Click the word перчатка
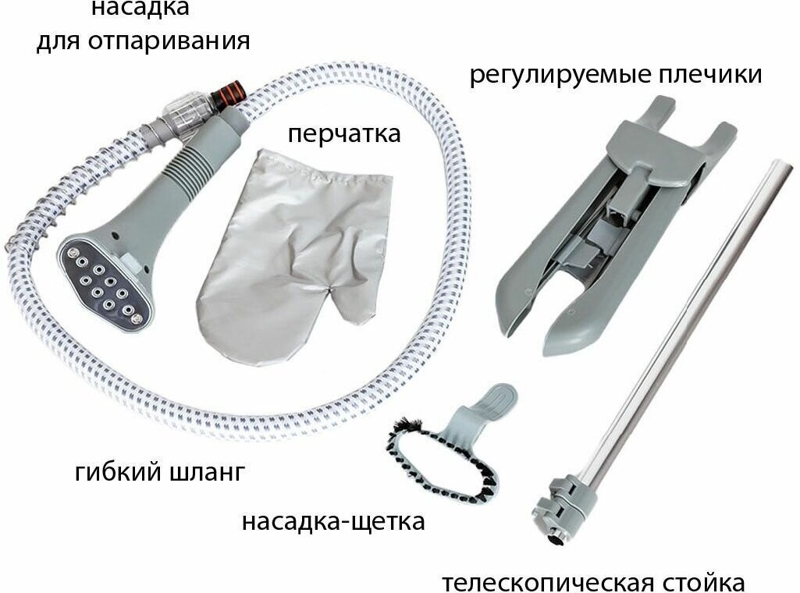(343, 134)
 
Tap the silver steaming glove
(281, 257)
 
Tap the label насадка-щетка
(333, 520)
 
